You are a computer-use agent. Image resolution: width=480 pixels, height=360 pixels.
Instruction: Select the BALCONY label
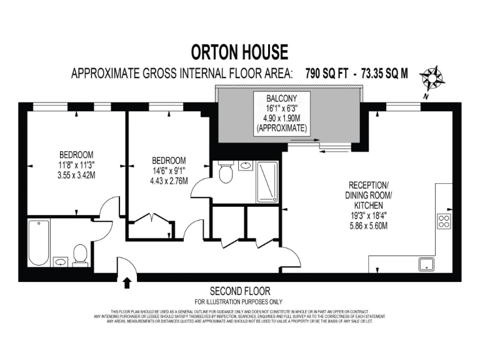(281, 98)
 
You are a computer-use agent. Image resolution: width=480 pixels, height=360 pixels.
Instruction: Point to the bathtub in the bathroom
(39, 242)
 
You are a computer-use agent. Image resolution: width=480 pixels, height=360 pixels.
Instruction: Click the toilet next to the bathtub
(79, 255)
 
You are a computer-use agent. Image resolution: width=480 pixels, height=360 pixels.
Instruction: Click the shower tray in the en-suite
(269, 181)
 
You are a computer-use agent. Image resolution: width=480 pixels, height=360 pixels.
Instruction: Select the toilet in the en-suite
(226, 172)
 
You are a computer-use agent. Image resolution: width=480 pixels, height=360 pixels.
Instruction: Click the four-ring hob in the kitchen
(444, 221)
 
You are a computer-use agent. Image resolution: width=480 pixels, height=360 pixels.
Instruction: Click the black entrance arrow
(127, 283)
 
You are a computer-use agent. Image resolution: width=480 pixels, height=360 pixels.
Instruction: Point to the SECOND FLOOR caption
(240, 291)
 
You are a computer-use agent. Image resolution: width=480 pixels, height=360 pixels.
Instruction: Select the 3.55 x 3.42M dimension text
(76, 176)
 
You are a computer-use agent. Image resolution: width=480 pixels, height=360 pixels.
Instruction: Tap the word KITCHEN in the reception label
(369, 204)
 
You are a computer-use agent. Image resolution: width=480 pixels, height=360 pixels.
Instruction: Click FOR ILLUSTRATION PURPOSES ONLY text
(240, 301)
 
